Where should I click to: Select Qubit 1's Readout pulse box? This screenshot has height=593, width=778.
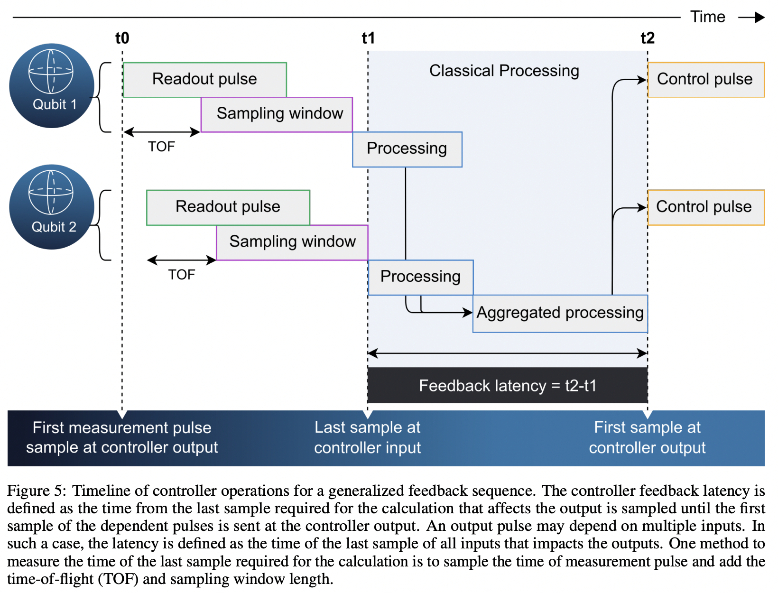click(204, 79)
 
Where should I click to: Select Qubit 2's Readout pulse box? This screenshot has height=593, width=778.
click(228, 207)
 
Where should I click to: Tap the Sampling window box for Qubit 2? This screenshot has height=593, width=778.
click(292, 242)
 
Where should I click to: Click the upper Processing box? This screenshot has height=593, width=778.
click(407, 149)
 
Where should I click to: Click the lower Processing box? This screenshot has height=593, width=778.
click(420, 277)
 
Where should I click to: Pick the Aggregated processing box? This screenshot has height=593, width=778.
click(560, 313)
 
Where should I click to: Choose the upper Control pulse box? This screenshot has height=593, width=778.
click(705, 79)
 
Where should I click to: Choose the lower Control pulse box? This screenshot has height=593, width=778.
click(705, 207)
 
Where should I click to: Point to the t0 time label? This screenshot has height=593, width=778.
click(122, 38)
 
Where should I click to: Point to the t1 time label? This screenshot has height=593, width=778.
click(368, 38)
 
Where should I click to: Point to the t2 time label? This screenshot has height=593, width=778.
click(647, 38)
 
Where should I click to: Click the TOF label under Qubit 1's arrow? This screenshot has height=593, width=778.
click(161, 147)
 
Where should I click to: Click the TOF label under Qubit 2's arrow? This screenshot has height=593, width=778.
click(182, 275)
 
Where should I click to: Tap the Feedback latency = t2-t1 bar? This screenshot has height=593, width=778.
click(508, 385)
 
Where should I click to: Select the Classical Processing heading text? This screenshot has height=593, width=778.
click(504, 71)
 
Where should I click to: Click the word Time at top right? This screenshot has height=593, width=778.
click(707, 17)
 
